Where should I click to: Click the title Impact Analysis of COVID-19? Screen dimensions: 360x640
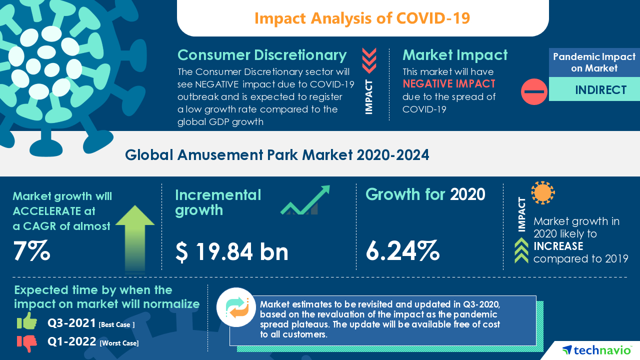(x=362, y=18)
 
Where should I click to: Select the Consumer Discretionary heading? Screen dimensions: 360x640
(x=262, y=55)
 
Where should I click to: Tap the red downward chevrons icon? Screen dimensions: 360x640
(x=369, y=61)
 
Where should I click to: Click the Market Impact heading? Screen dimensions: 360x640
(x=455, y=55)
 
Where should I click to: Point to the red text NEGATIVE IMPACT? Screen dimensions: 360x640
(x=449, y=83)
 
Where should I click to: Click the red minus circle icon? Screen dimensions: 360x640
(x=534, y=91)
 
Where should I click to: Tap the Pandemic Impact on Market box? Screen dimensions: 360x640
(x=594, y=62)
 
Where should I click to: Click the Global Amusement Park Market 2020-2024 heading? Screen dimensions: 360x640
(x=277, y=155)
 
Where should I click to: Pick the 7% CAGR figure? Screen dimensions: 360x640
(x=31, y=251)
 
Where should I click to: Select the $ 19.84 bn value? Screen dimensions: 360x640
(x=232, y=251)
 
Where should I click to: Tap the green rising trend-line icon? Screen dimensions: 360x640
(x=305, y=200)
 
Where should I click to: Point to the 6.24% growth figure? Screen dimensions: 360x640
(x=402, y=251)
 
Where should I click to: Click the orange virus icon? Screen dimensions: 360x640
(x=543, y=193)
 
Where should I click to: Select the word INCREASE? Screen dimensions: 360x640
(x=558, y=246)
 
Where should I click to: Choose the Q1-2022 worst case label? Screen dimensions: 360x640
(x=93, y=342)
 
